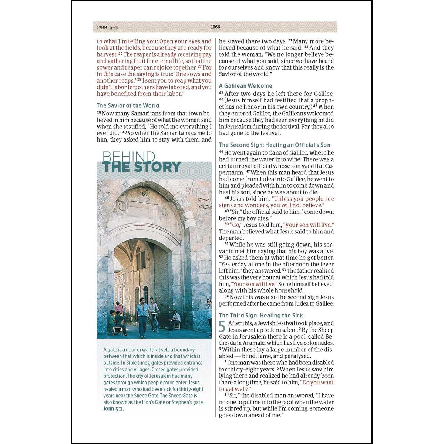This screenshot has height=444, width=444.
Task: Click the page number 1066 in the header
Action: pyautogui.click(x=215, y=27)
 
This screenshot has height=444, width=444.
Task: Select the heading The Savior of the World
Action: pyautogui.click(x=128, y=105)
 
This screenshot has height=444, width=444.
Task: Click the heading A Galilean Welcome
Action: pyautogui.click(x=245, y=86)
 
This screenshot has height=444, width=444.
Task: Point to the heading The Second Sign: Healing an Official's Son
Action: pyautogui.click(x=275, y=145)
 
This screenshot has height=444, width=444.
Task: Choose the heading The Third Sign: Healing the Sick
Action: pyautogui.click(x=261, y=316)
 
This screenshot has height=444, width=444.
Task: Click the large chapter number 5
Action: pyautogui.click(x=222, y=327)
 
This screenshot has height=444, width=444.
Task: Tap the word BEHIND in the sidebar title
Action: pyautogui.click(x=128, y=156)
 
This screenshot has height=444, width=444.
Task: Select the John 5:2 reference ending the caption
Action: pyautogui.click(x=114, y=409)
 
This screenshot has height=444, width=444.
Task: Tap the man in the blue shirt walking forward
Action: pyautogui.click(x=142, y=316)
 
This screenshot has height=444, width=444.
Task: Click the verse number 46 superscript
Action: pyautogui.click(x=221, y=152)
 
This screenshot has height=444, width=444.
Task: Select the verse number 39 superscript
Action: pyautogui.click(x=99, y=112)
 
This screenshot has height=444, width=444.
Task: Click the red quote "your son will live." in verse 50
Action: pyautogui.click(x=309, y=225)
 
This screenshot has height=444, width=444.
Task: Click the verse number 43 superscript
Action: pyautogui.click(x=221, y=93)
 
